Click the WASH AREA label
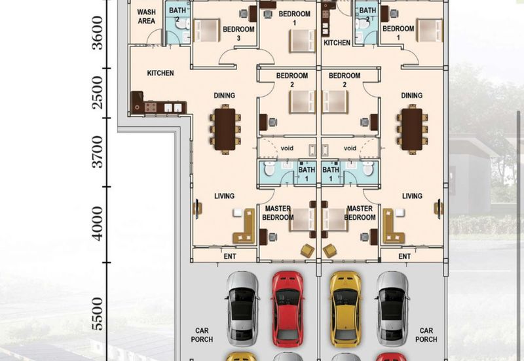point(146,16)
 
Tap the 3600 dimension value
point(97,33)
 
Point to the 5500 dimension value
point(97,314)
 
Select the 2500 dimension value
point(97,93)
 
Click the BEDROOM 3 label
point(238,33)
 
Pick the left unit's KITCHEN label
point(160,73)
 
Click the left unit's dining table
point(225,129)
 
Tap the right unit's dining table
point(412,129)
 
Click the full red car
point(288,309)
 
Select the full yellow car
point(346,309)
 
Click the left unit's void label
point(287,148)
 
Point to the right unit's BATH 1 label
point(331,174)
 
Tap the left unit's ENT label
point(230,256)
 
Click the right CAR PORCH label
point(426,335)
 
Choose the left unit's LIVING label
point(224,196)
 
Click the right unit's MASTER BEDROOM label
point(360,213)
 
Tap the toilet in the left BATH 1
point(269,169)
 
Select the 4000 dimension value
point(97,223)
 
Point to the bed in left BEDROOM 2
point(302,101)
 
